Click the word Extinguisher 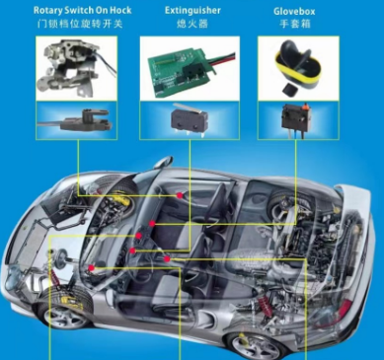coord(192,11)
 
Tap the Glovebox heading coord(294,12)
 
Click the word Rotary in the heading coord(47,10)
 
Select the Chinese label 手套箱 coord(295,24)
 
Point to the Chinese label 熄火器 coord(192,24)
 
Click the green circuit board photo coord(190,71)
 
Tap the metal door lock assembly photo coord(76,68)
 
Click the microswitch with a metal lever coord(190,118)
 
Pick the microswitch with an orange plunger coord(295,118)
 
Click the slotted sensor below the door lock coord(76,120)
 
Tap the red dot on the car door coord(180,195)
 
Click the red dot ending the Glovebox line coord(152,224)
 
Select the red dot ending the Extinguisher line coord(132,251)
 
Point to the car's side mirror coord(164,162)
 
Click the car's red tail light coord(345,309)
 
